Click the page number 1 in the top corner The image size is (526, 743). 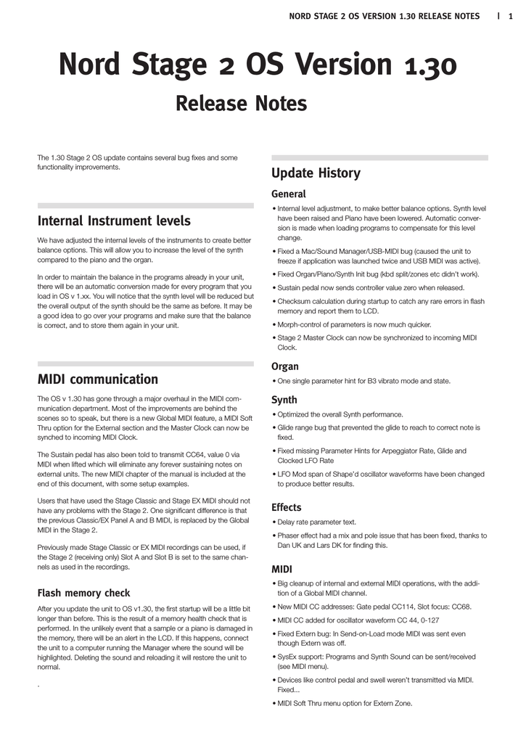[511, 16]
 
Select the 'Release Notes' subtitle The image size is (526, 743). [242, 104]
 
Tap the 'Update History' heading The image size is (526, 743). [316, 173]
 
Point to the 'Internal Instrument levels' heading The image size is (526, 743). [114, 221]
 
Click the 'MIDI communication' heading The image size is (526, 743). [97, 379]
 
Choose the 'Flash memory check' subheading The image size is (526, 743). [83, 593]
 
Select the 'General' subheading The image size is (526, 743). [289, 194]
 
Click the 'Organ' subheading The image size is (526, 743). [285, 366]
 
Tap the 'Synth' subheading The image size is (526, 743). [284, 400]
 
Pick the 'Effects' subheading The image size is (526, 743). [287, 507]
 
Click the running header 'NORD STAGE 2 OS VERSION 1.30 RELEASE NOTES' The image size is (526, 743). [385, 16]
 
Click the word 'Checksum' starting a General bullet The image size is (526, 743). [295, 300]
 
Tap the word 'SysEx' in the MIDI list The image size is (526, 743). [288, 657]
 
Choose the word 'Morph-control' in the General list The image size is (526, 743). [300, 324]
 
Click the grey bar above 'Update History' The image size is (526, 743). [379, 157]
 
